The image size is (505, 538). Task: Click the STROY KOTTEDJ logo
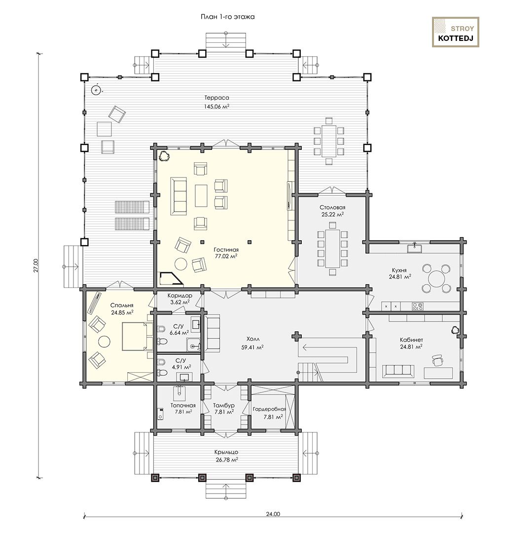click(455, 32)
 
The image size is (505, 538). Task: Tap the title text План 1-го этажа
click(227, 17)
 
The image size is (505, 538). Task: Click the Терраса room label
click(216, 98)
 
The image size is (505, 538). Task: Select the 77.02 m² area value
click(226, 256)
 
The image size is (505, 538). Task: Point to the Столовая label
click(332, 208)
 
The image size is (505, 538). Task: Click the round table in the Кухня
click(435, 278)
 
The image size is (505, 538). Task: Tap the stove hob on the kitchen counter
click(418, 306)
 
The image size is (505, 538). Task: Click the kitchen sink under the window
click(414, 248)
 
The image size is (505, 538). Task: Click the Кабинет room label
click(411, 340)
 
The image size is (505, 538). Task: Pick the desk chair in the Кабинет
click(437, 360)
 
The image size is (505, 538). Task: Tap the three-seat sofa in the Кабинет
click(397, 372)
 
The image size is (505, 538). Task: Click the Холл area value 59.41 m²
click(252, 348)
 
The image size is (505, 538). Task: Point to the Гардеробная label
click(269, 409)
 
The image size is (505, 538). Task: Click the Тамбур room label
click(223, 405)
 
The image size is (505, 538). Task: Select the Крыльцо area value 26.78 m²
click(227, 460)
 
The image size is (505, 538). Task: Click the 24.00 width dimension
click(273, 514)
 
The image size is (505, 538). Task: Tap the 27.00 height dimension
click(36, 265)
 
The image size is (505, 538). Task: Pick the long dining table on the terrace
click(328, 141)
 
